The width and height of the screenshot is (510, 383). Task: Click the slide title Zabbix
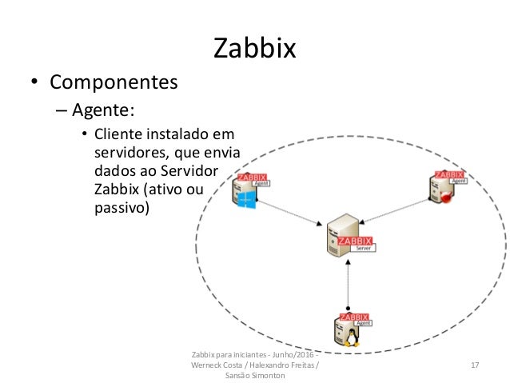255,49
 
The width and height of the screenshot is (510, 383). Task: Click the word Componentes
114,82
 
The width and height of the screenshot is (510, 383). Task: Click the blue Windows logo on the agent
247,202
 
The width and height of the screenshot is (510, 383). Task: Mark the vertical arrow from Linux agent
349,284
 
